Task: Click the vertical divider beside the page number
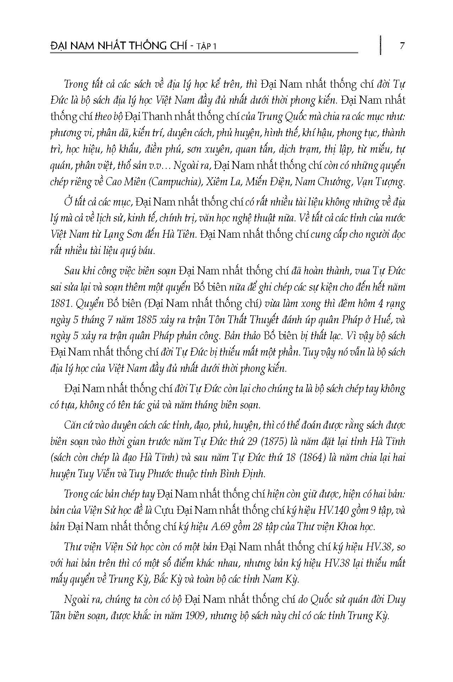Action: (380, 45)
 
